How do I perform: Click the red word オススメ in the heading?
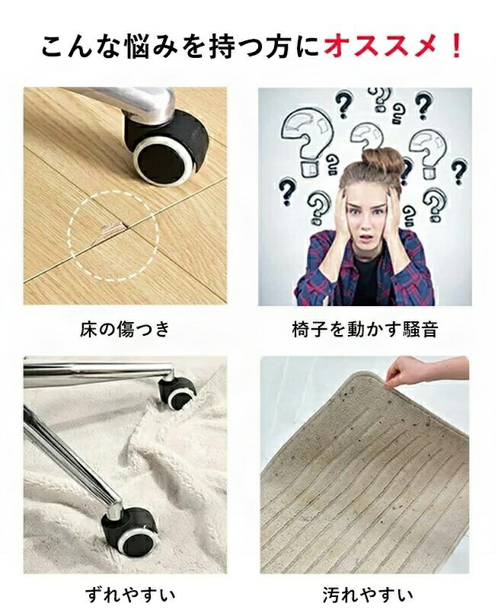click(380, 47)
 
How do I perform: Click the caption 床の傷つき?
click(125, 329)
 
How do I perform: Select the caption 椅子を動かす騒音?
click(365, 329)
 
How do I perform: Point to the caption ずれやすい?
click(130, 595)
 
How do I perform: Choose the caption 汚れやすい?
click(368, 595)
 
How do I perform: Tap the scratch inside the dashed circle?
click(111, 231)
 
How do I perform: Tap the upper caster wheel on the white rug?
click(177, 393)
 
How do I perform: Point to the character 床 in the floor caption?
click(88, 329)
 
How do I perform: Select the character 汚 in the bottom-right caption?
click(331, 595)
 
